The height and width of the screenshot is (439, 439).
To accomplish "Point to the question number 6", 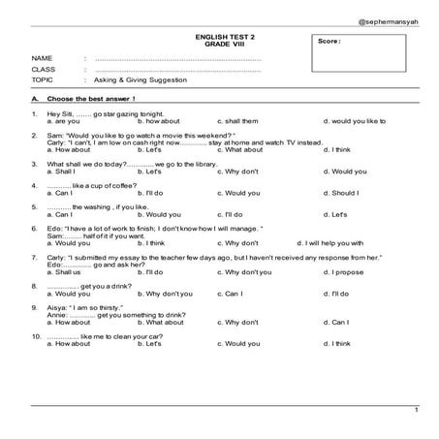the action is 34,229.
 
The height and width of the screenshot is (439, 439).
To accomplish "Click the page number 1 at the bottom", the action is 416,410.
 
